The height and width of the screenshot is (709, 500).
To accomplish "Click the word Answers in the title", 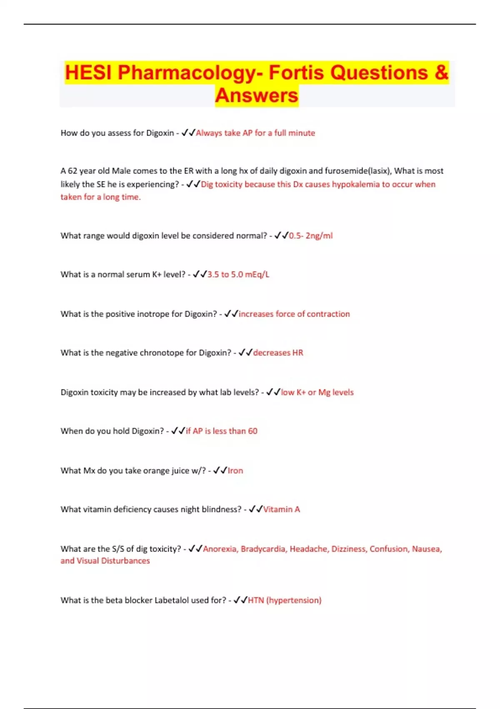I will (257, 95).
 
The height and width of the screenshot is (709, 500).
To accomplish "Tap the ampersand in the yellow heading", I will (441, 73).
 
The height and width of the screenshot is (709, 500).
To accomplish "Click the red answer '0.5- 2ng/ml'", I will (311, 236).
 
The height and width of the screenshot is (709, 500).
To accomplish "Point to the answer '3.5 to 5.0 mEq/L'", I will (238, 274).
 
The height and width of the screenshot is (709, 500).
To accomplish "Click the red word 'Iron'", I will (235, 470).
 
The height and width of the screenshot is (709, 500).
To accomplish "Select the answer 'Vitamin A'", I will (282, 509).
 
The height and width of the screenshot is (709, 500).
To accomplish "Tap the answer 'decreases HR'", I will (278, 353).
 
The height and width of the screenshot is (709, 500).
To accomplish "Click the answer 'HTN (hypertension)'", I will (285, 600).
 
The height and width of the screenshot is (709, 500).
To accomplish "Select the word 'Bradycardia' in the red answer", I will (263, 549).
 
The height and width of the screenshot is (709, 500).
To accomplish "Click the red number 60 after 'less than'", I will (252, 431).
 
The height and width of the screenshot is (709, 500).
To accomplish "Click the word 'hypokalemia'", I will (355, 184).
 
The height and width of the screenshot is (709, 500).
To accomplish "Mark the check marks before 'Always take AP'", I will (188, 133).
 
